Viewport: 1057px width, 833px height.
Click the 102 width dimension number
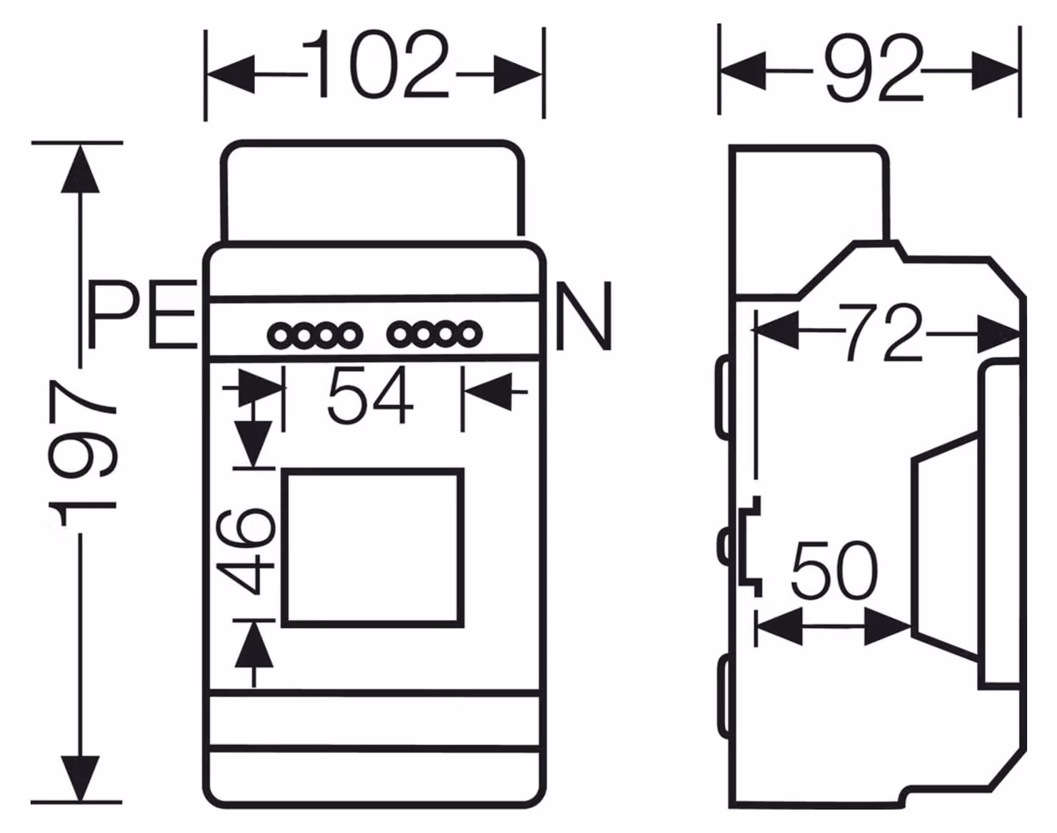point(376,64)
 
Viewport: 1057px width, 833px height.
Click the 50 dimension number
point(834,569)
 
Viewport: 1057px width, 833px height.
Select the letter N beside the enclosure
point(584,316)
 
